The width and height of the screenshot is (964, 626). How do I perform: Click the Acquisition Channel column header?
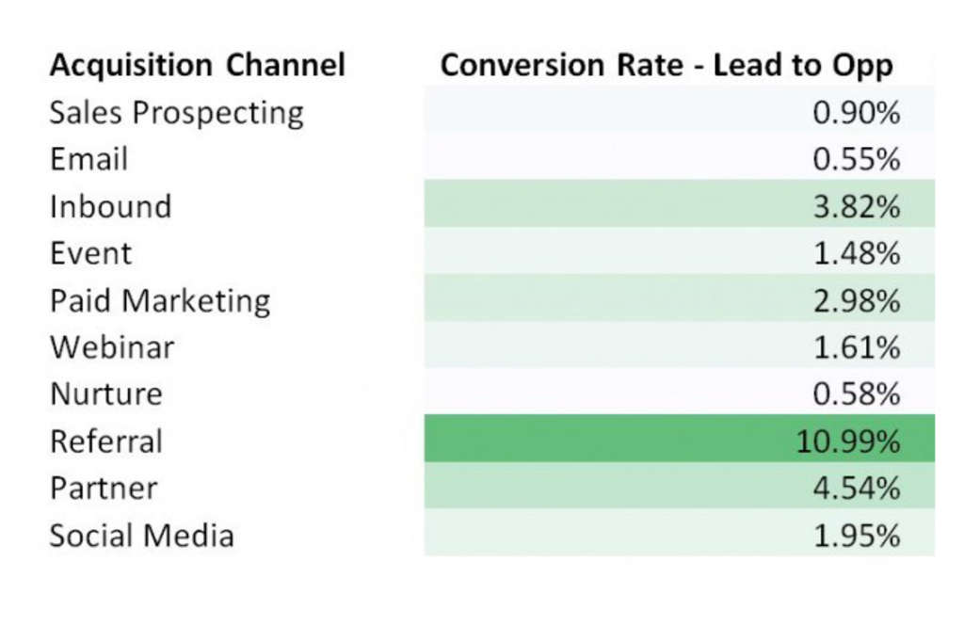[198, 65]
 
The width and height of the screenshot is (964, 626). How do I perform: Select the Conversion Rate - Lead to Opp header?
[667, 65]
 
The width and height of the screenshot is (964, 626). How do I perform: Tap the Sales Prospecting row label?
[177, 113]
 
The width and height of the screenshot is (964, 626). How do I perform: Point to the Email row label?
[88, 159]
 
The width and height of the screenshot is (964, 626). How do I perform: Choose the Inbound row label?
[110, 206]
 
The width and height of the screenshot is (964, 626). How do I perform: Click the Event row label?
[90, 253]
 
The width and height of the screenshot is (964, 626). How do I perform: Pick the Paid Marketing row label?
[160, 300]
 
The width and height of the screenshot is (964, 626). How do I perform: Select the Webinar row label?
[112, 347]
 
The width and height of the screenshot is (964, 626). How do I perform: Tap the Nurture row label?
[105, 394]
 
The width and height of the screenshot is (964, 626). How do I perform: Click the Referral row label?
[106, 441]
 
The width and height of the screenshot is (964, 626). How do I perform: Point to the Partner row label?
[104, 489]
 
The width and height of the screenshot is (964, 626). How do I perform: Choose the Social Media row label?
[141, 536]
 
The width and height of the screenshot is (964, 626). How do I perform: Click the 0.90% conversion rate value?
[856, 113]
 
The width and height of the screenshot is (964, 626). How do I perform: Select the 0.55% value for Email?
[856, 159]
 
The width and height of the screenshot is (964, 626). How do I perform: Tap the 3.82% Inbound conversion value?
[856, 206]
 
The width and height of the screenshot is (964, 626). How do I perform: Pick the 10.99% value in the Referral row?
[848, 441]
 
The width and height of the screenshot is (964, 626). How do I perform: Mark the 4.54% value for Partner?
[856, 489]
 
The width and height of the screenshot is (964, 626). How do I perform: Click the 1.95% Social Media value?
[856, 536]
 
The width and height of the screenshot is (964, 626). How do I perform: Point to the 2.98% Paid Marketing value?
[856, 300]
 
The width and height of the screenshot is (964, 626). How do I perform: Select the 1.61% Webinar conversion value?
[856, 347]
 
